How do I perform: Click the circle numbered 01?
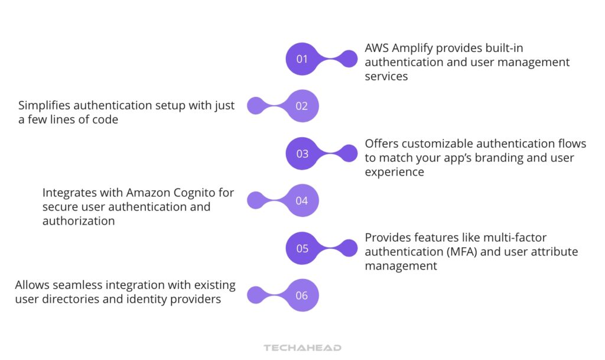pos(302,59)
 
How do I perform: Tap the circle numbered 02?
pos(302,106)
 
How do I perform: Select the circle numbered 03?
pos(302,154)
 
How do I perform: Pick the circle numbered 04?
pos(302,201)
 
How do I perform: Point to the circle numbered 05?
pos(302,248)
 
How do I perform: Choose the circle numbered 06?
pos(302,296)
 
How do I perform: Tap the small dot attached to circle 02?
pos(255,106)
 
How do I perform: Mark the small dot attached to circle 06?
pos(255,296)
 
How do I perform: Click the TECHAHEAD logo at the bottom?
pos(302,348)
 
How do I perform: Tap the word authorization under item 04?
pos(79,221)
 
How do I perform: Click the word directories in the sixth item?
pos(69,299)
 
